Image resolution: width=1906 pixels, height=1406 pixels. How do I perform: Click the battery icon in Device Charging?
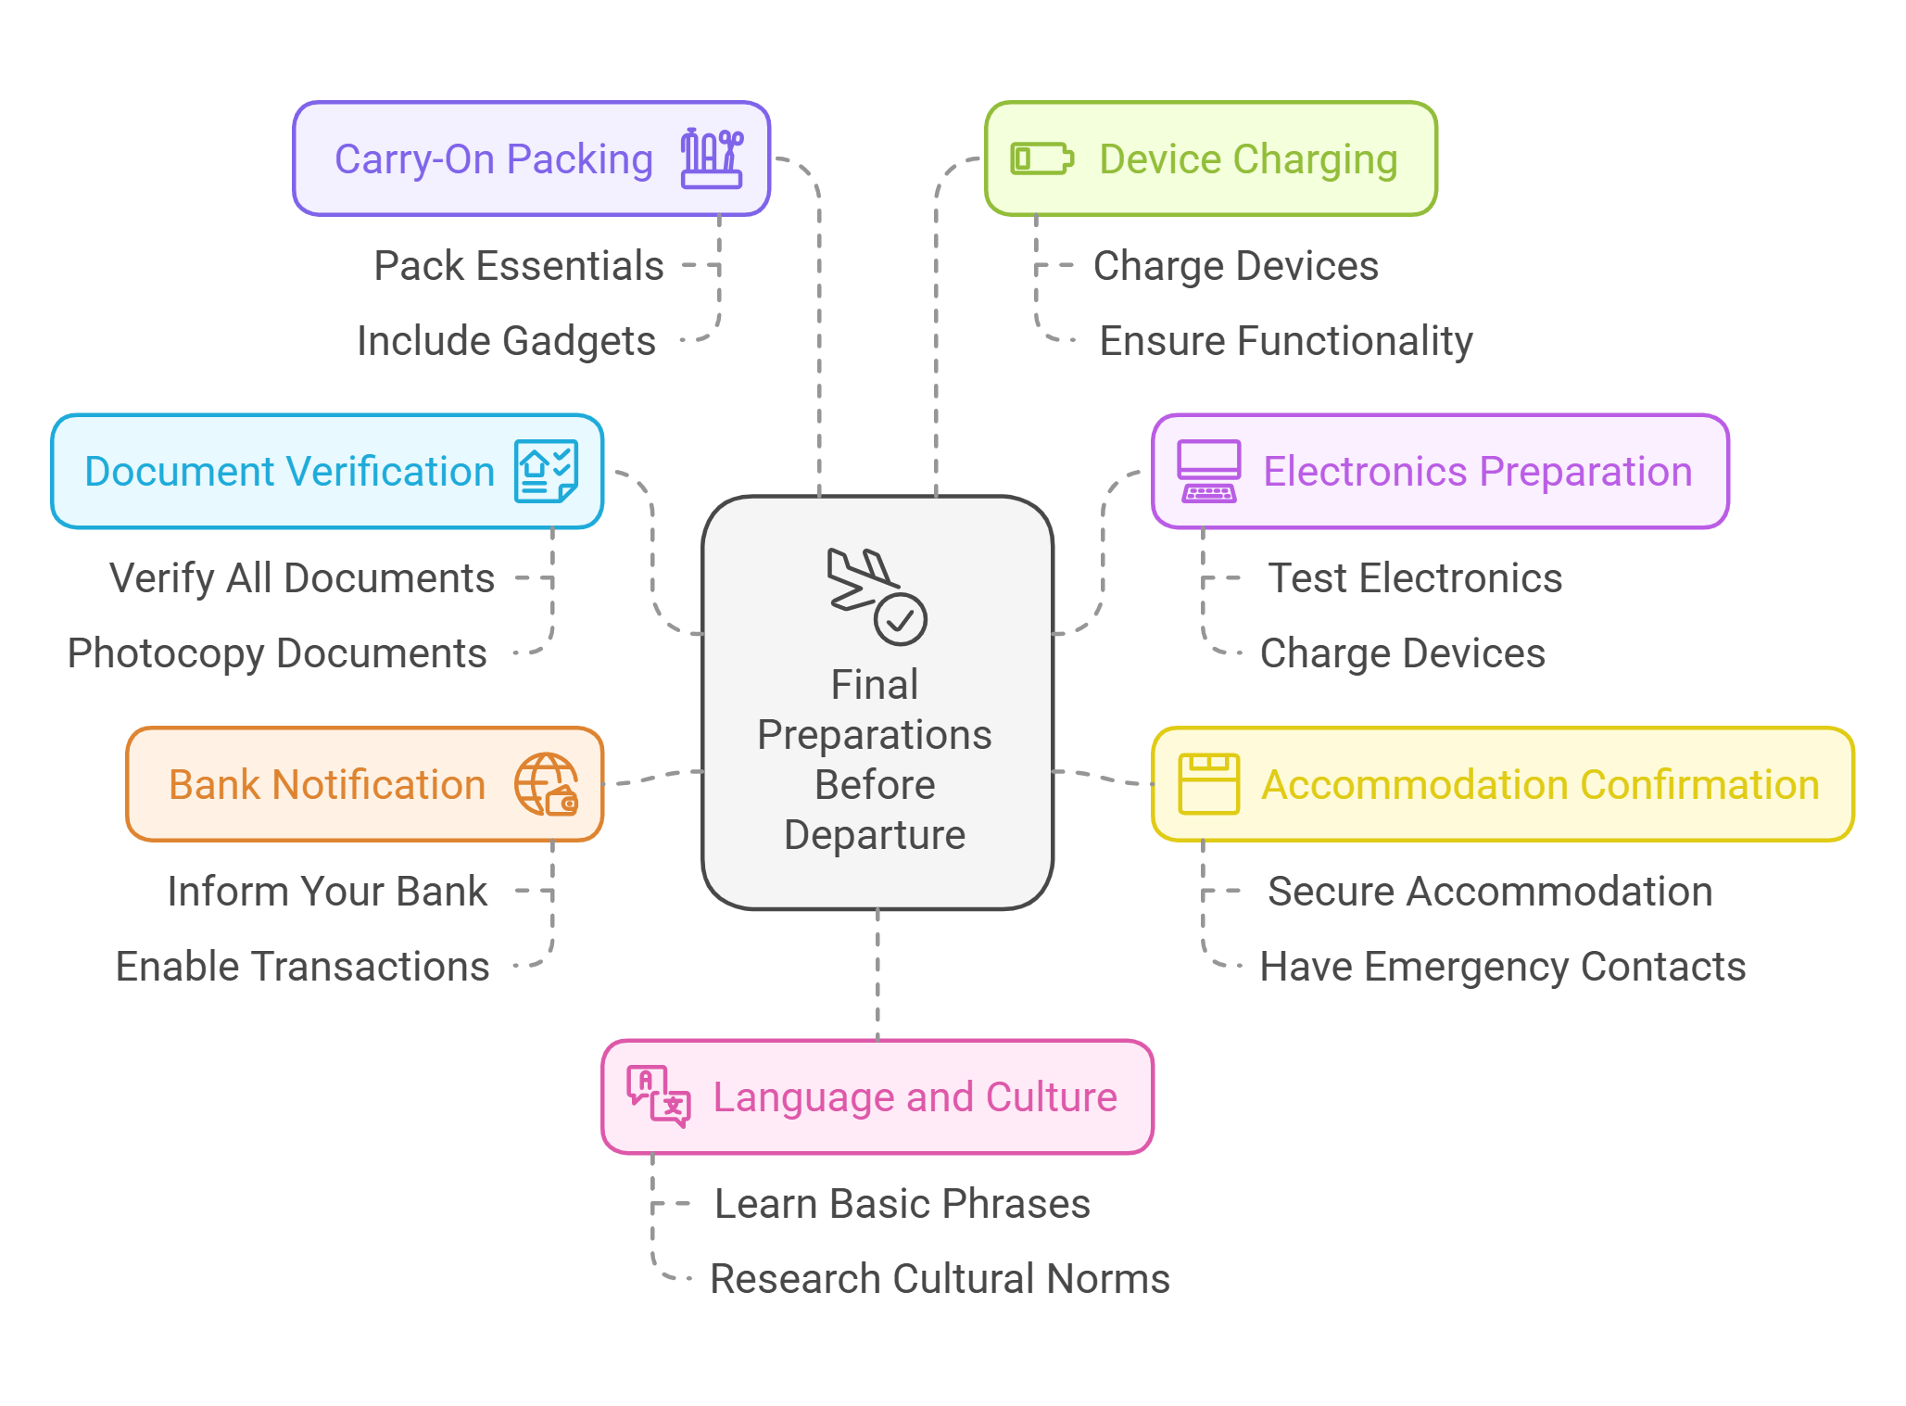(x=1041, y=158)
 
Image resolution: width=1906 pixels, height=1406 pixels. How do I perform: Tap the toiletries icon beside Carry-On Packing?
(x=712, y=158)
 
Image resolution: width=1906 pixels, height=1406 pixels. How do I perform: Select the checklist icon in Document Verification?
(x=547, y=471)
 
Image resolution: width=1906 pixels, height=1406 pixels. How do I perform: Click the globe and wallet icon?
(x=547, y=784)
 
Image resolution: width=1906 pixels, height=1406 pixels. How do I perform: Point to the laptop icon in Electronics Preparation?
(x=1208, y=471)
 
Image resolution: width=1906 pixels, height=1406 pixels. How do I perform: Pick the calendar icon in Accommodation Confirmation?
(x=1208, y=784)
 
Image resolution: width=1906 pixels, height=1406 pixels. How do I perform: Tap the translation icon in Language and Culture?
(x=659, y=1096)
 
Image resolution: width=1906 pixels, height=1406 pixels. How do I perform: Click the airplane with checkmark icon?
(x=877, y=596)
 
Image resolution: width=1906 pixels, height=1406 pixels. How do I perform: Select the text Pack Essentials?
(x=519, y=266)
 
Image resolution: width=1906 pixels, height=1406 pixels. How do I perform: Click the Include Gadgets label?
(x=507, y=341)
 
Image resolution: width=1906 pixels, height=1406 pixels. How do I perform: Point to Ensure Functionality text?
(x=1286, y=341)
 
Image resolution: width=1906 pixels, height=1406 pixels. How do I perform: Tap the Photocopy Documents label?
(x=277, y=653)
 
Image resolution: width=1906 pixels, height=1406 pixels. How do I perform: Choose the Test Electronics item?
(x=1415, y=578)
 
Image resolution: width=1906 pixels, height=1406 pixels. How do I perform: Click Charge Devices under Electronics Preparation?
(x=1403, y=653)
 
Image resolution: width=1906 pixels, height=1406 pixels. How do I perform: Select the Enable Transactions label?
(x=303, y=967)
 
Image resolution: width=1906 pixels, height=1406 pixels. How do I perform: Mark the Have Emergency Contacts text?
(x=1503, y=967)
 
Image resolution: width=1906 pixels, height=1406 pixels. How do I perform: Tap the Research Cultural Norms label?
(x=940, y=1279)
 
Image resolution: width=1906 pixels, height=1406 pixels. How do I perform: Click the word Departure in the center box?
(x=875, y=835)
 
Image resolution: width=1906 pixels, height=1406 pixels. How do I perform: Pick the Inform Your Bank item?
(x=327, y=892)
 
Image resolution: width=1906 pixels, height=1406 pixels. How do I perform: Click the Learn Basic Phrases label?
(x=903, y=1204)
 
